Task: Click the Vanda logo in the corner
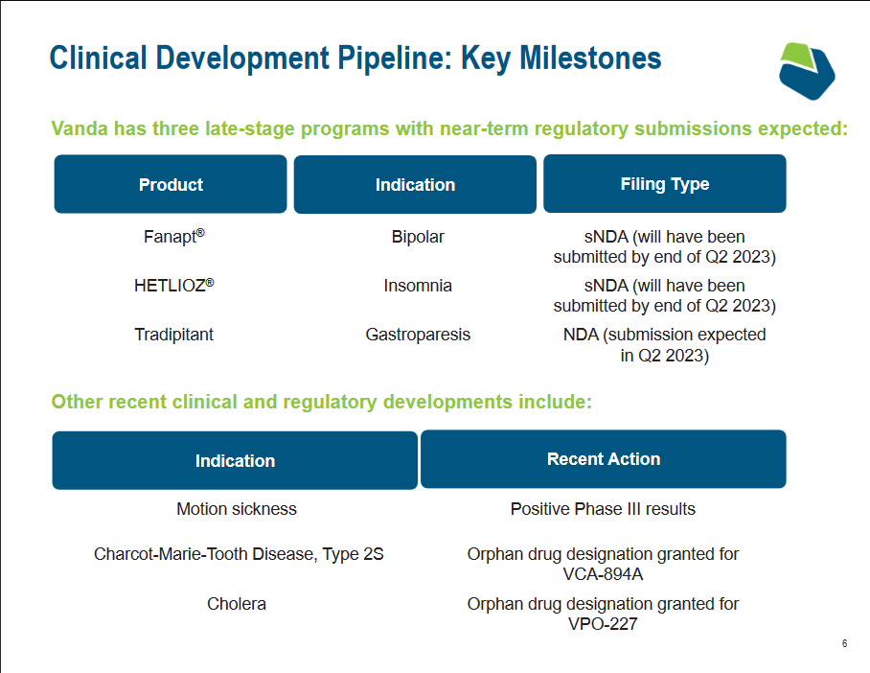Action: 807,71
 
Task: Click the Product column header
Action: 171,184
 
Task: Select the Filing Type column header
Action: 665,183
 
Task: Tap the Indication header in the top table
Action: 415,184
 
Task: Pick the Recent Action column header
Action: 603,459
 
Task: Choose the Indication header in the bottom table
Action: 235,460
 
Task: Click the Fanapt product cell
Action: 174,236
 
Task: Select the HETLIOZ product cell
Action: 174,285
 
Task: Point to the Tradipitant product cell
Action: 174,335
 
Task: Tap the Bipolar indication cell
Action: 418,237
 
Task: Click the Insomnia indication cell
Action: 418,286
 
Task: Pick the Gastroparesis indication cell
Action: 418,335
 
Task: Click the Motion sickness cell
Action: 237,509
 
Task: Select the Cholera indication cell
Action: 237,604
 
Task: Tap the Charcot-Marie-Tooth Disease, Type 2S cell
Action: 239,554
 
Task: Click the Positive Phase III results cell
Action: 603,509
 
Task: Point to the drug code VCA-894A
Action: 603,574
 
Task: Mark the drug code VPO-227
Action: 603,623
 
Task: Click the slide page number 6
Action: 844,643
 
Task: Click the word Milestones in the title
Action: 590,58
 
